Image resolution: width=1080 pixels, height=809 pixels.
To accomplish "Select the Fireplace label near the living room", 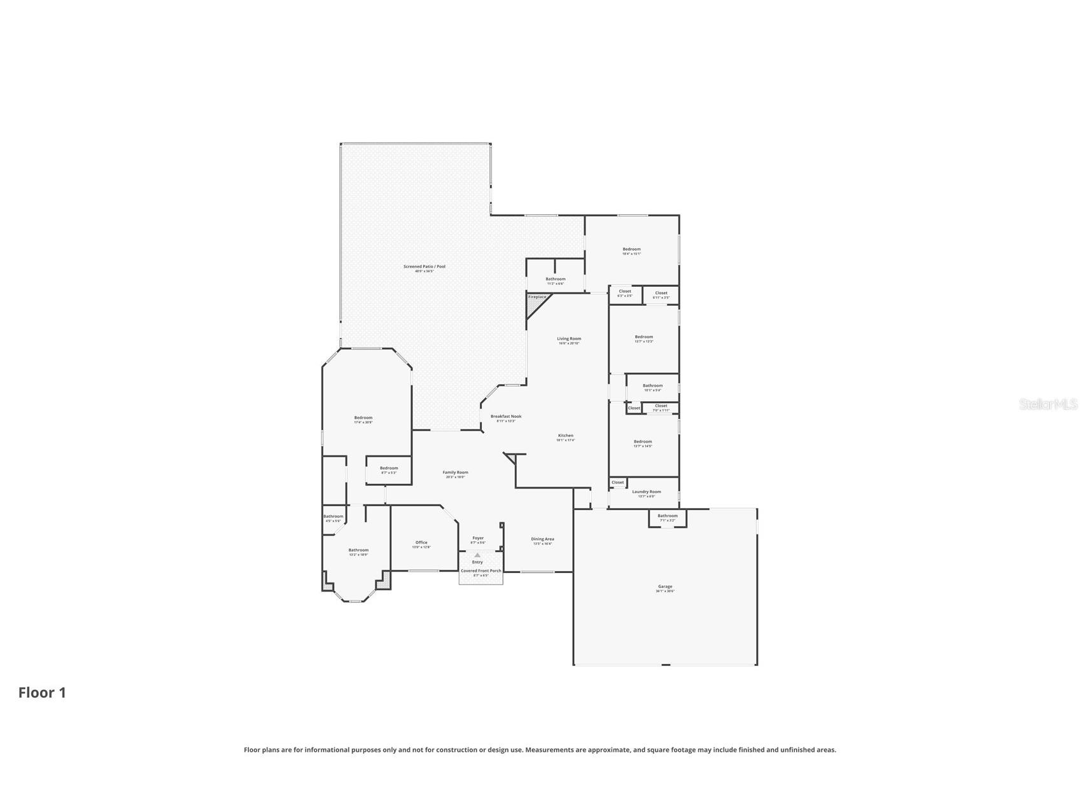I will tap(536, 297).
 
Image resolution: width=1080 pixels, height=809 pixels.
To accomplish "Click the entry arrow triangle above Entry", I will tap(477, 555).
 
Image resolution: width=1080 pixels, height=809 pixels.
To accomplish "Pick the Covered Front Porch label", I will tap(480, 571).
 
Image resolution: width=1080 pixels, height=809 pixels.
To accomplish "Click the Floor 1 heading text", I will tap(42, 693).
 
